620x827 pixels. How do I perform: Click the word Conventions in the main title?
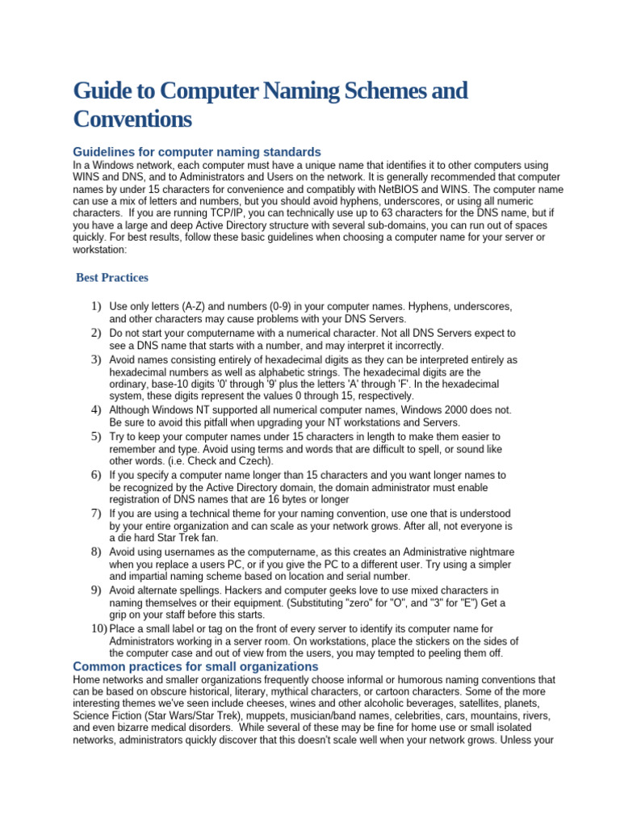[x=132, y=119]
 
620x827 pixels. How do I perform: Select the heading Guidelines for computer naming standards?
[x=197, y=152]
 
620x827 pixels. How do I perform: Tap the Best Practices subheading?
[x=112, y=278]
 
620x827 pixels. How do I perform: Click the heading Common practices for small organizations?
[x=195, y=667]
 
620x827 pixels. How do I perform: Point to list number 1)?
[x=95, y=307]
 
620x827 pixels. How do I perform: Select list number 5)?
[x=95, y=436]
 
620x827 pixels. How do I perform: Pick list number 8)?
[x=95, y=552]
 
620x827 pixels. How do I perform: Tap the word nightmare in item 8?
[x=490, y=552]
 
